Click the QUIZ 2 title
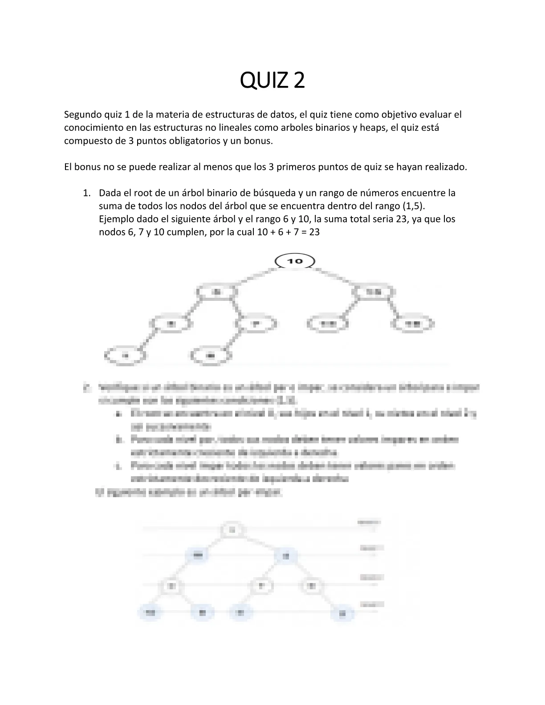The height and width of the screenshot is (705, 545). click(272, 81)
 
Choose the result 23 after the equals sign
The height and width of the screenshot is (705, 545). click(314, 232)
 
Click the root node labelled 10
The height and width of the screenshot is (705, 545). click(295, 261)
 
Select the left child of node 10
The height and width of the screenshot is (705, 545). click(217, 292)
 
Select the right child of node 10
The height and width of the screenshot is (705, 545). click(374, 292)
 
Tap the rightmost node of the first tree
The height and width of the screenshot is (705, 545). click(414, 324)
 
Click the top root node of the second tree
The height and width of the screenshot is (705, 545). click(232, 530)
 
